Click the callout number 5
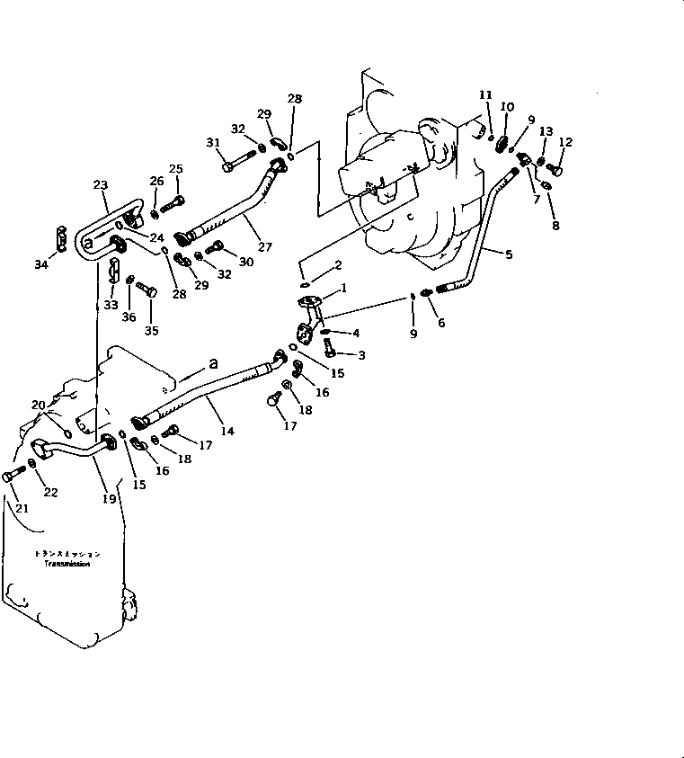tap(509, 255)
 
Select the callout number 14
tap(227, 432)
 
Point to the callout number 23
tap(100, 185)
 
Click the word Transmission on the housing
tap(68, 565)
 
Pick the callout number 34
tap(40, 264)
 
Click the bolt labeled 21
tap(13, 476)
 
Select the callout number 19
tap(109, 497)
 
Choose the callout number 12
tap(565, 142)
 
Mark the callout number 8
tap(555, 226)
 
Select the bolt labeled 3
tap(329, 345)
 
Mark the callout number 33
tap(111, 305)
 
